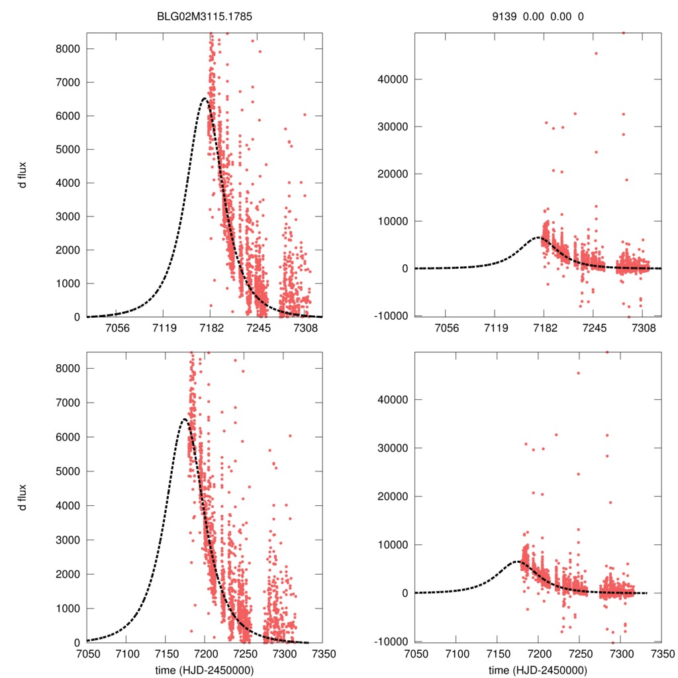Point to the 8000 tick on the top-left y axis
click(69, 49)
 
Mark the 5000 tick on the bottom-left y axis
click(69, 471)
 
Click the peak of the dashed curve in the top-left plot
click(205, 99)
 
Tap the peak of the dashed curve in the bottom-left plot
click(185, 419)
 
